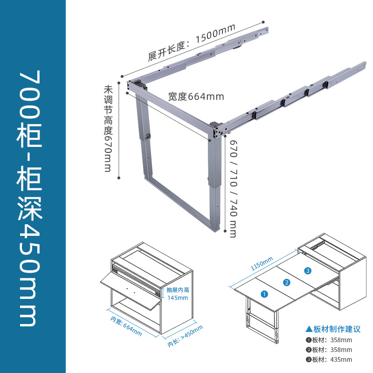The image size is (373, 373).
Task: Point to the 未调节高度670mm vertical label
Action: tap(109, 129)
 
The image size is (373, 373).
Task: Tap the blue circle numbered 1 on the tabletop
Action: tap(264, 294)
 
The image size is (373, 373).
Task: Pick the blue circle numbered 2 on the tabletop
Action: tap(287, 282)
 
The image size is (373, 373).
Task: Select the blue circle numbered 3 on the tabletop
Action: tap(308, 270)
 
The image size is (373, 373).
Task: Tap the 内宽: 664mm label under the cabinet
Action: tap(126, 325)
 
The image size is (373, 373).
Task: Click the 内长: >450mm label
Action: tap(186, 336)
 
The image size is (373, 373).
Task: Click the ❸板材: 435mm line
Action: tap(329, 359)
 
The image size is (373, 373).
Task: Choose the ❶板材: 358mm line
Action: tap(329, 339)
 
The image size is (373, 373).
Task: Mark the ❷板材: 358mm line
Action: tap(329, 350)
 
